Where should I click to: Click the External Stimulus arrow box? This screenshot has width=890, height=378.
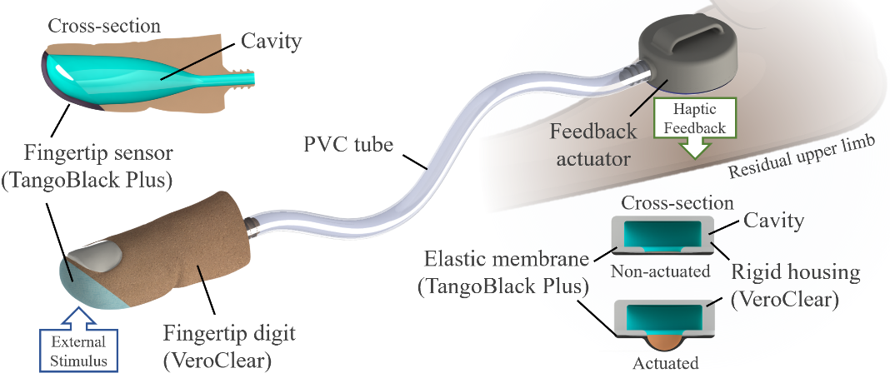pos(80,346)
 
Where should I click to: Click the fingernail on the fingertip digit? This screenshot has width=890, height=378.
pos(97,254)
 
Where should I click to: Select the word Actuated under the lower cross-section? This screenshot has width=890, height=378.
pos(664,363)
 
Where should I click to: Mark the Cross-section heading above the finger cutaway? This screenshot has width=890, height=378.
pos(103,26)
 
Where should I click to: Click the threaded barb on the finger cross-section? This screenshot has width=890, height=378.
pos(246,77)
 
